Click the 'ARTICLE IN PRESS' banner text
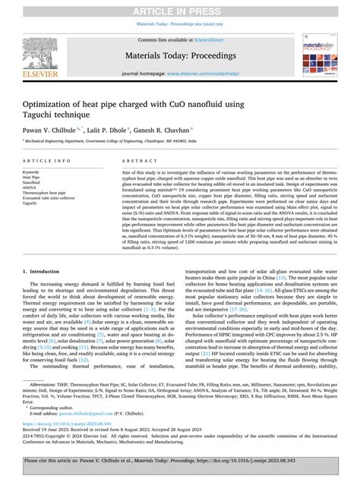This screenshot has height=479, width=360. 179,8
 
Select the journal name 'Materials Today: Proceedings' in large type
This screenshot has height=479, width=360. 179,55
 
